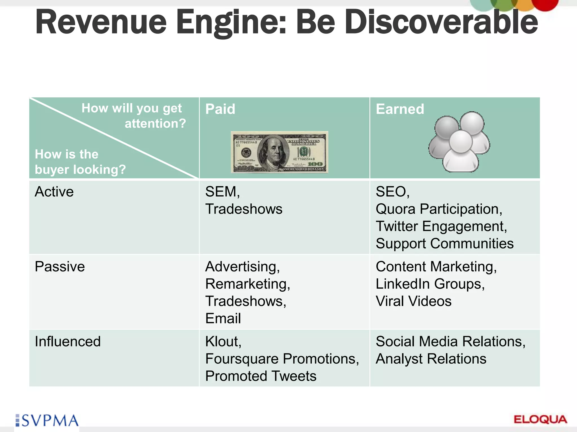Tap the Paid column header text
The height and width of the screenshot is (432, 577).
click(220, 109)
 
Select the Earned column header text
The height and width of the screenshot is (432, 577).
click(400, 109)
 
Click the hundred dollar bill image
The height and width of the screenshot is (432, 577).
click(279, 152)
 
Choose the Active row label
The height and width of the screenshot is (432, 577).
click(54, 192)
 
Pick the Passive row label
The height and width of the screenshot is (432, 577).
click(60, 267)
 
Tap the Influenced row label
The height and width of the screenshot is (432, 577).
click(68, 341)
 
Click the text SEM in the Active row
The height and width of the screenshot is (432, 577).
click(221, 192)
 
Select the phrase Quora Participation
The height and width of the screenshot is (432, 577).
click(438, 209)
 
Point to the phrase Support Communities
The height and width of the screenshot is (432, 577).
click(444, 244)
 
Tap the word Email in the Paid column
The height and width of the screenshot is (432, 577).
click(223, 318)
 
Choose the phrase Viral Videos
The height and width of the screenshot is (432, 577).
click(413, 301)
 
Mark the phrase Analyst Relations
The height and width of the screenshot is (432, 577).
click(431, 359)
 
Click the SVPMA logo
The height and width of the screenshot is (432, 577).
click(47, 420)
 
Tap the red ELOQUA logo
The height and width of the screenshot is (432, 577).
click(540, 420)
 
